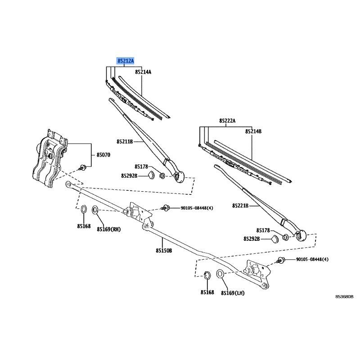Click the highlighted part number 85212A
[126, 60]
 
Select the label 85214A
[143, 72]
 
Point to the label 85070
[103, 155]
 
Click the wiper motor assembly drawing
[48, 158]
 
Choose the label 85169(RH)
[109, 229]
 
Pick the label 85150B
[164, 251]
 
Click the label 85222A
[228, 121]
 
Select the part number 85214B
[253, 131]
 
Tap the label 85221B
[241, 206]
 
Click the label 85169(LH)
[233, 293]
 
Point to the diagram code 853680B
[344, 297]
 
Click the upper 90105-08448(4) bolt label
[197, 208]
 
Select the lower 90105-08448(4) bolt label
[312, 260]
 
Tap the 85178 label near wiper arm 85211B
[141, 166]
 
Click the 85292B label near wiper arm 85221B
[252, 238]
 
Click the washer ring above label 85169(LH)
[221, 274]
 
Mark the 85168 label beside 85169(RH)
[83, 226]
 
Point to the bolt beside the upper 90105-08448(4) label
[166, 208]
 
